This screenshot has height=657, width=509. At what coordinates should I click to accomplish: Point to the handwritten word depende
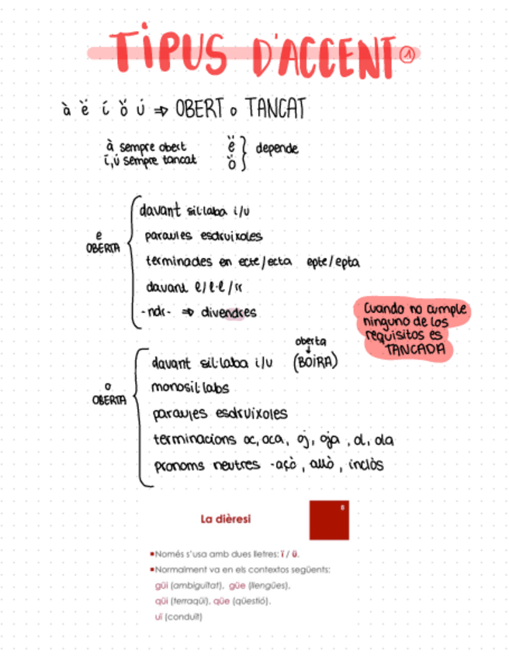pos(276,148)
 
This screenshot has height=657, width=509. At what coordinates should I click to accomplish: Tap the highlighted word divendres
pos(229,312)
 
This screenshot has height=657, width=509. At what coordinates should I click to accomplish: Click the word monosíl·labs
pos(190,387)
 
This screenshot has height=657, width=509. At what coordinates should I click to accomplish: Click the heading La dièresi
pos(225,518)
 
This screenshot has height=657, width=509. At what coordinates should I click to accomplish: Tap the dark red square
pos(329,519)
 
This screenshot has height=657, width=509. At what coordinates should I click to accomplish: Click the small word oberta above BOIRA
pos(310,341)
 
